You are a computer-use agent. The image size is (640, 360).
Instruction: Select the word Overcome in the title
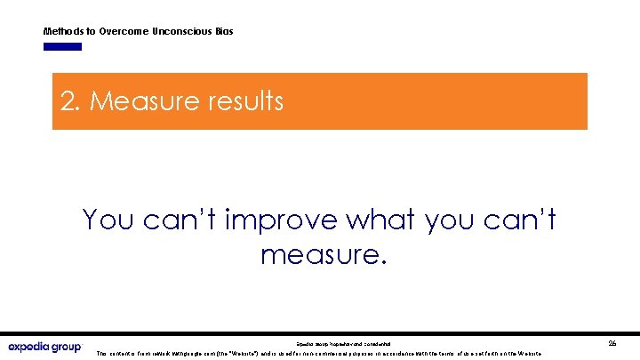(x=124, y=31)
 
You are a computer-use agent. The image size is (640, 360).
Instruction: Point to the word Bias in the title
(x=224, y=31)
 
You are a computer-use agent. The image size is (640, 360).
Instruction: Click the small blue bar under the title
(x=62, y=46)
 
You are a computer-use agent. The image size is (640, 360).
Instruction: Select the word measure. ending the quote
(x=324, y=256)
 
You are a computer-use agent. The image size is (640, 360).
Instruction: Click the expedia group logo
(x=44, y=346)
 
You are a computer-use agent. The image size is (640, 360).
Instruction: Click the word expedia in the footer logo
(x=31, y=346)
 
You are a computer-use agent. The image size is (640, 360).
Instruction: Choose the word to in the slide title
(x=92, y=31)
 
